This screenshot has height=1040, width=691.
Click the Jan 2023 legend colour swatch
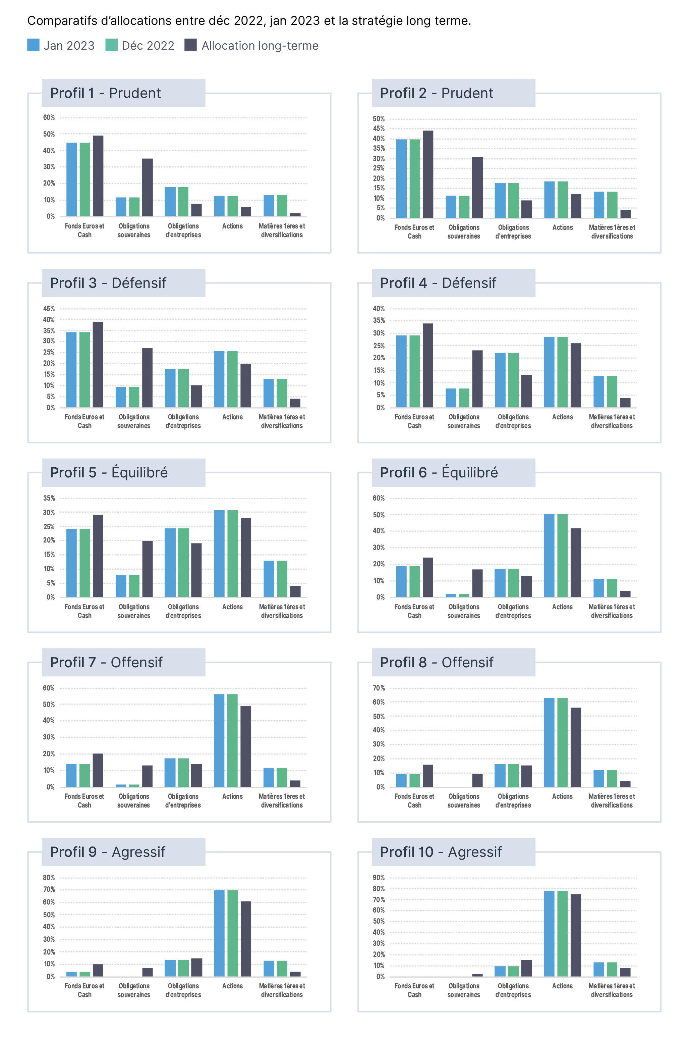(x=33, y=45)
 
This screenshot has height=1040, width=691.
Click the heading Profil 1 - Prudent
(x=105, y=93)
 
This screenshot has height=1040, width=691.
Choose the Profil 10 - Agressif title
(x=441, y=852)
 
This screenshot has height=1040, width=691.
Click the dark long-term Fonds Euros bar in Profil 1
(x=98, y=176)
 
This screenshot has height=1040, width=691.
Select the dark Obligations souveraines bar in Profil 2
(x=477, y=187)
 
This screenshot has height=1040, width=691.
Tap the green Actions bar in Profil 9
(x=233, y=933)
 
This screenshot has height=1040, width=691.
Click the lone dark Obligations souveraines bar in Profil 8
(x=477, y=780)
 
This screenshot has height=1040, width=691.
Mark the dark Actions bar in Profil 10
(x=576, y=935)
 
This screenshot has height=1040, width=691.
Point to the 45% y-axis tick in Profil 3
(x=49, y=309)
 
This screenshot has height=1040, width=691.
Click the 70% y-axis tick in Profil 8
(x=379, y=688)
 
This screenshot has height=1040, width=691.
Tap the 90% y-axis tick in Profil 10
(x=379, y=878)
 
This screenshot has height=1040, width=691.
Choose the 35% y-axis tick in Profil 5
(x=49, y=498)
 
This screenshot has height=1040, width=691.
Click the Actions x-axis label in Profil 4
(x=563, y=417)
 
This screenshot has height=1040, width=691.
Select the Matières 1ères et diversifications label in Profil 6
(x=612, y=611)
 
